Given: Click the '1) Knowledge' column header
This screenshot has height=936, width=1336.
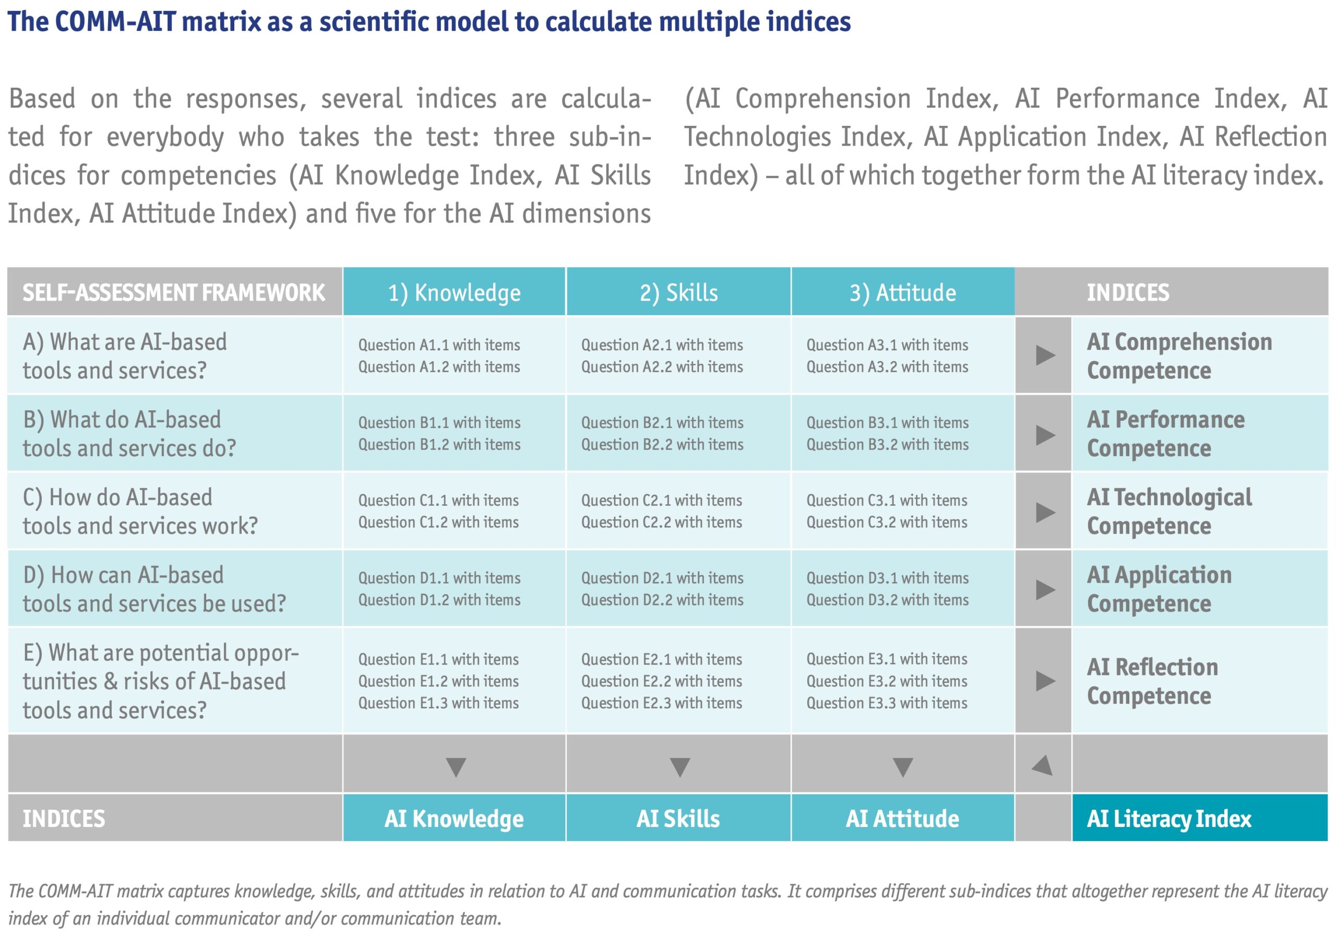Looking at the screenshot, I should (x=454, y=292).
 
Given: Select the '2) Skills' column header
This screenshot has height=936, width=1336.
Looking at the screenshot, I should (x=678, y=292).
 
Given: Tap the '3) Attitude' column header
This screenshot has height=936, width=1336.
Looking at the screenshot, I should (x=902, y=292).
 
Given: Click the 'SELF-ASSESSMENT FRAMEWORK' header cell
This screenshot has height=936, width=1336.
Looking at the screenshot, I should (x=173, y=292).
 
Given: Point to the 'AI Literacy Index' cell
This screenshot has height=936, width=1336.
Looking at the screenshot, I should (x=1168, y=819).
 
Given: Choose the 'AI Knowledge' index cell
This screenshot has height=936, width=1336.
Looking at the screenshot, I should (x=454, y=819).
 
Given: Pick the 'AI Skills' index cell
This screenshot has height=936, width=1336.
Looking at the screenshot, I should (x=678, y=819).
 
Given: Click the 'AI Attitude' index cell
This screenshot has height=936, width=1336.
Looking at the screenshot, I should (x=902, y=819).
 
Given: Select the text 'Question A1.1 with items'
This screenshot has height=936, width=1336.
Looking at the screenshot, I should (x=439, y=345).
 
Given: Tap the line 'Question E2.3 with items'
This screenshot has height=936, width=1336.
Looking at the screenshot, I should (x=662, y=703).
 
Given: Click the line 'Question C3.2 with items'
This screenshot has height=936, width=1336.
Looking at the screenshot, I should (x=887, y=522).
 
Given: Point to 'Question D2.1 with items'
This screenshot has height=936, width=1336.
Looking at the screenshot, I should (x=662, y=577).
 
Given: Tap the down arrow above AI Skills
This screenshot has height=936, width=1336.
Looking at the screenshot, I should (x=679, y=767).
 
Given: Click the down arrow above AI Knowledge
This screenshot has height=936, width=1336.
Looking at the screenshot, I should (x=456, y=767).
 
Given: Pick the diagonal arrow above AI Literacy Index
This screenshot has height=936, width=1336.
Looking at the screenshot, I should (x=1043, y=765).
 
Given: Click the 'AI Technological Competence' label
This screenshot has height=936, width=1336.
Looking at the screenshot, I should (x=1168, y=511).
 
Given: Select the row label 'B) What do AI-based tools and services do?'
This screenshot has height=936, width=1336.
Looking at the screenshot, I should (x=129, y=434).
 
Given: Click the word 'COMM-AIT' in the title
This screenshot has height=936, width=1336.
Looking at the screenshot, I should (x=115, y=21).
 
